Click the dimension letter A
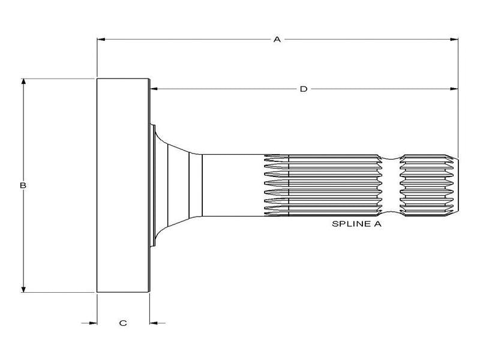(x=277, y=39)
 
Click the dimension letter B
(x=23, y=185)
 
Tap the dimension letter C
(x=123, y=323)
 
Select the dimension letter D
(x=304, y=89)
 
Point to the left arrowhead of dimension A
(x=101, y=40)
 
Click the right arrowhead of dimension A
(x=454, y=40)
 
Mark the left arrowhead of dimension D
(x=153, y=89)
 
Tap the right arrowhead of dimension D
(x=454, y=89)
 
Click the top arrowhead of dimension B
(x=23, y=82)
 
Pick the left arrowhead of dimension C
(x=92, y=323)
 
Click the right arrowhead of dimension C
(x=154, y=323)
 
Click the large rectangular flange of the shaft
(x=122, y=185)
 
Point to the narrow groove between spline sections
(x=391, y=185)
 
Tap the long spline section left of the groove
(x=324, y=185)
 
